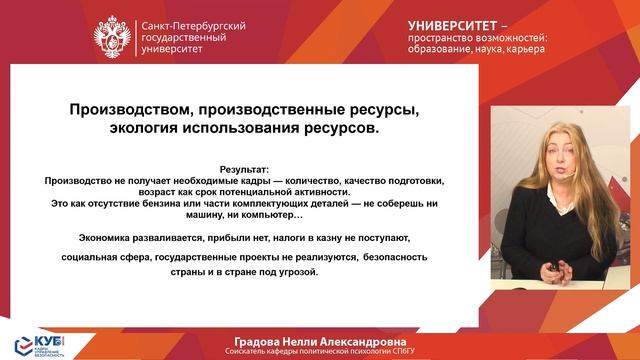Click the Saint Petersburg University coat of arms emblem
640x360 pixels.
coord(111,36)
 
